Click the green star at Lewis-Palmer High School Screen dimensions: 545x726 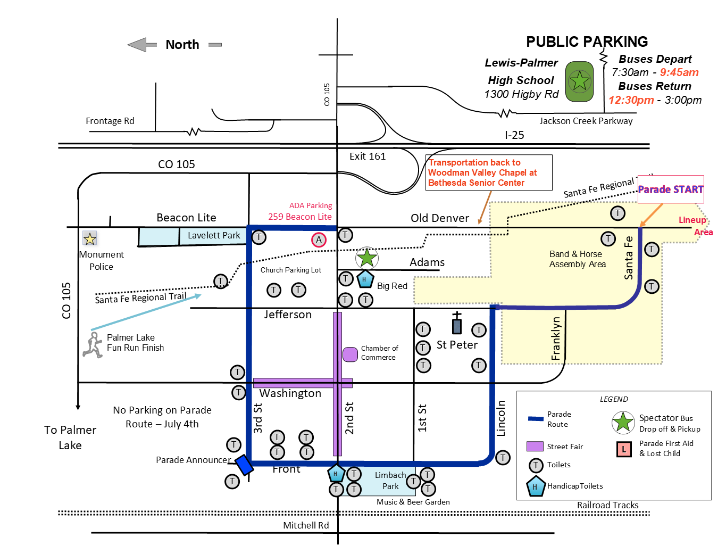pyautogui.click(x=579, y=81)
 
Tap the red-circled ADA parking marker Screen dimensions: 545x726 pyautogui.click(x=319, y=240)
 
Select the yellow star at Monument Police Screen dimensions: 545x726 pyautogui.click(x=90, y=238)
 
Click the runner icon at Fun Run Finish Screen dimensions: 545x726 pyautogui.click(x=93, y=345)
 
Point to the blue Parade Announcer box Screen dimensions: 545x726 pyautogui.click(x=244, y=465)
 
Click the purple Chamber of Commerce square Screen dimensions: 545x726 pyautogui.click(x=350, y=354)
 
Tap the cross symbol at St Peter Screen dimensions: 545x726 pyautogui.click(x=457, y=323)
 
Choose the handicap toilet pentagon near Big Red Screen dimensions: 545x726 pyautogui.click(x=364, y=279)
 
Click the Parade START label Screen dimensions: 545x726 pyautogui.click(x=671, y=189)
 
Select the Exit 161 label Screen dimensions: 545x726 pyautogui.click(x=368, y=156)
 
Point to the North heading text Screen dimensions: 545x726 pyautogui.click(x=182, y=45)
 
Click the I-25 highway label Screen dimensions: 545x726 pyautogui.click(x=514, y=135)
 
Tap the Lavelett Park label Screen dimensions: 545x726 pyautogui.click(x=214, y=235)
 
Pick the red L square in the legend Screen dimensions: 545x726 pyautogui.click(x=624, y=449)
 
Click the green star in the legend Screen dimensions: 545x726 pyautogui.click(x=623, y=423)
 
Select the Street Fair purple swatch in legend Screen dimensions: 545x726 pyautogui.click(x=535, y=447)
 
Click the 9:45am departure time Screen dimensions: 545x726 pyautogui.click(x=679, y=72)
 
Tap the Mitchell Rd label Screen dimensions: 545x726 pyautogui.click(x=306, y=525)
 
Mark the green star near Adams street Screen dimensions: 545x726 pyautogui.click(x=366, y=258)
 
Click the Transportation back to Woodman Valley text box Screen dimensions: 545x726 pyautogui.click(x=489, y=172)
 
